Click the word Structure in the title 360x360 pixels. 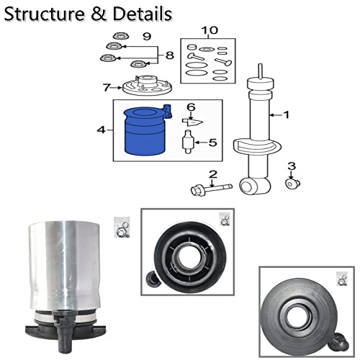(45, 14)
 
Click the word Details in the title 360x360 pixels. (143, 14)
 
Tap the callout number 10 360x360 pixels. (210, 30)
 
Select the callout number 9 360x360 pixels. (147, 37)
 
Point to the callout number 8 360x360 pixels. (170, 55)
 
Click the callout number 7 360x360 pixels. (107, 87)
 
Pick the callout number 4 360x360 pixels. (101, 130)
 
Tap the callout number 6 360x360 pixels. (191, 107)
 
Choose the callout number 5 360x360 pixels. (212, 143)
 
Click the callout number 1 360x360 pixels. (287, 115)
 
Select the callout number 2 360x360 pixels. (213, 174)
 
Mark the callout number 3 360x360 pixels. (292, 166)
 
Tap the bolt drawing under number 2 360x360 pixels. (212, 189)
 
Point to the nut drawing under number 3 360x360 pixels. (292, 184)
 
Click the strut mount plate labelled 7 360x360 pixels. (148, 86)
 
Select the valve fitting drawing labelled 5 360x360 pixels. (188, 142)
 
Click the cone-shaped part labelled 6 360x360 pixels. (192, 122)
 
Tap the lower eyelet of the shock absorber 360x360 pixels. (255, 186)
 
